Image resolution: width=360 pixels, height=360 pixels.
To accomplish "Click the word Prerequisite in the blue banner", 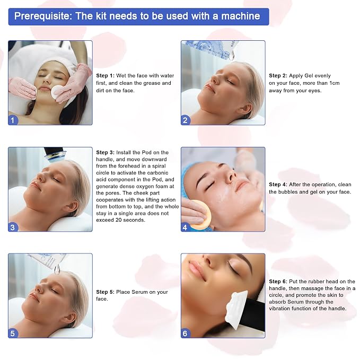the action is point(43,16).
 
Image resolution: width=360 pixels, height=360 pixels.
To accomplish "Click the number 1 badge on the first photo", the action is point(13,120).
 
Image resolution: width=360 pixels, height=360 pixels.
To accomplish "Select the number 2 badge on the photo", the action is point(186,120).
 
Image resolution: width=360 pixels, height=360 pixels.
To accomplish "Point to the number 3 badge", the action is point(13,227).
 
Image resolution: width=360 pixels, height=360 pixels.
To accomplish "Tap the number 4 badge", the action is point(186,227).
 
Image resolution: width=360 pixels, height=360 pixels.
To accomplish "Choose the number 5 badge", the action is point(13,333).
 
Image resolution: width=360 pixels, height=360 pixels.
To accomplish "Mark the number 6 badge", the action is point(186,333).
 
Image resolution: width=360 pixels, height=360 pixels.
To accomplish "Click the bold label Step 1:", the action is point(105,76).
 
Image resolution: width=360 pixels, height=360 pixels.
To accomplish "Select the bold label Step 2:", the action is point(278,76).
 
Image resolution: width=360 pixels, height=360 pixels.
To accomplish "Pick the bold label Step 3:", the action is point(105,153).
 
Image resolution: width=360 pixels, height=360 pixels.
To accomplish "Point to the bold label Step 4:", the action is point(278,185).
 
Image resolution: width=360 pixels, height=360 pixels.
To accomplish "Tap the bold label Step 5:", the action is point(105,292).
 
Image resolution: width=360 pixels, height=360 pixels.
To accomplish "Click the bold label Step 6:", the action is point(278,282).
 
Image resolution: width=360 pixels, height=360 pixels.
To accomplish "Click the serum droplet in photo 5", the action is point(57,269).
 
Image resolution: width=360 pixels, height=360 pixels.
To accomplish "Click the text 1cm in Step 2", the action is point(334,83).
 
